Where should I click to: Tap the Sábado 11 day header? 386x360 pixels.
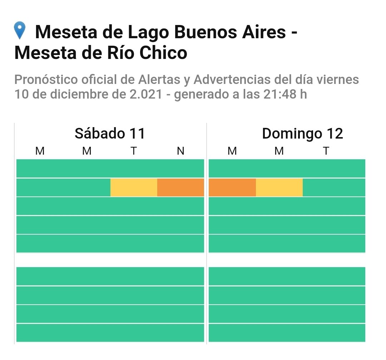(x=110, y=134)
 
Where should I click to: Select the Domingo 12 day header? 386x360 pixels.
(x=302, y=134)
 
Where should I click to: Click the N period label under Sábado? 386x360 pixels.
(x=180, y=151)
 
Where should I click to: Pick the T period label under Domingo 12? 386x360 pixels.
(x=326, y=151)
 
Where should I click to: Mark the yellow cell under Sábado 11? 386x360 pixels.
(x=134, y=187)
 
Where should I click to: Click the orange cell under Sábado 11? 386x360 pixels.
(x=180, y=187)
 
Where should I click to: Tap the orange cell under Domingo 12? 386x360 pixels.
(x=232, y=187)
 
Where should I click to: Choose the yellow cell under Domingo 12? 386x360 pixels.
(x=279, y=187)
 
